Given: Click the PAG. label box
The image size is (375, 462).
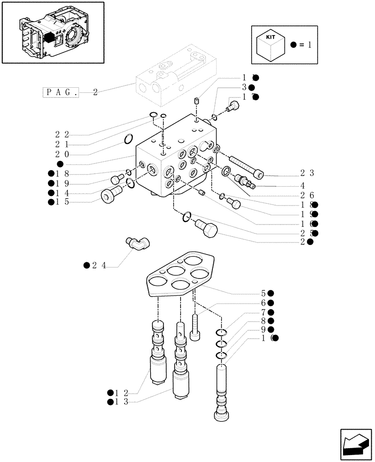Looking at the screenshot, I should coord(61,92).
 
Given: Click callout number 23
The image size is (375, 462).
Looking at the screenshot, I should coord(307,174).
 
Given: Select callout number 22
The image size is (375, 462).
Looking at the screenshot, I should coord(62,134).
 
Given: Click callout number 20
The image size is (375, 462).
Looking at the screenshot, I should coord(62,154).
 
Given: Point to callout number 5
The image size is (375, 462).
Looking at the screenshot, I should coord(263,293).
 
